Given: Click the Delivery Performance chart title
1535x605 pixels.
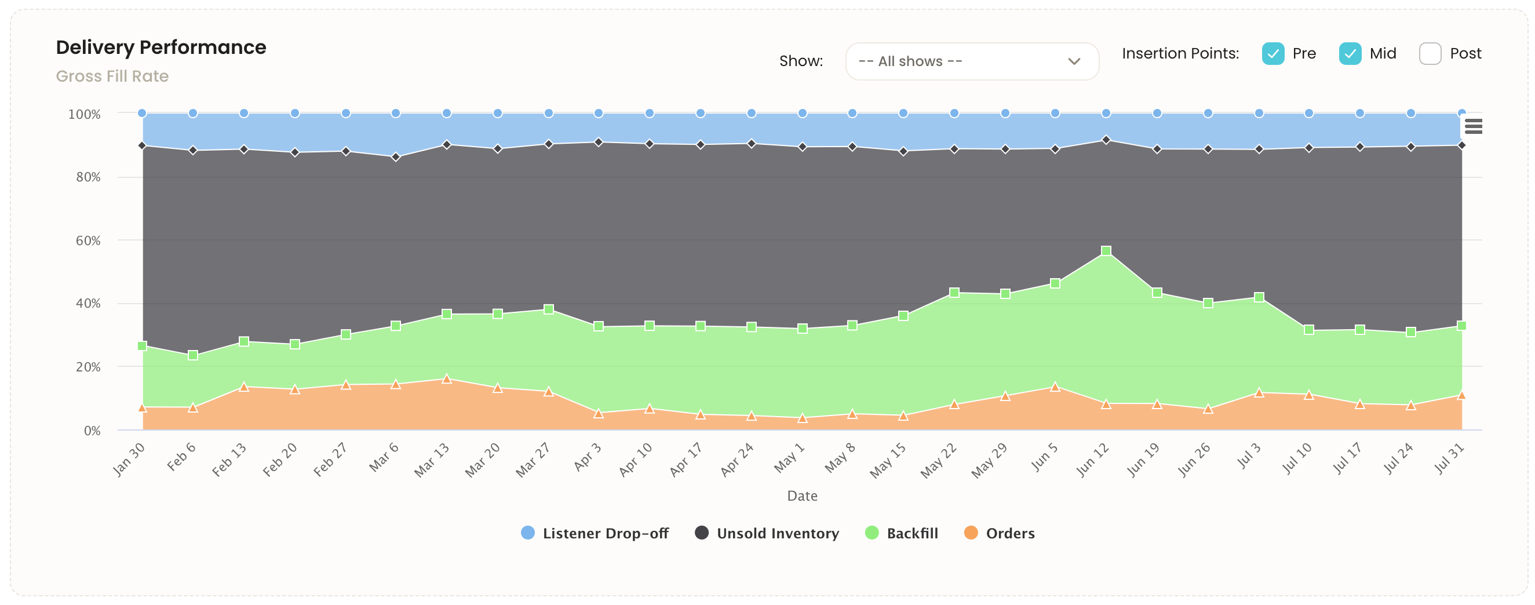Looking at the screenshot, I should click(x=161, y=47).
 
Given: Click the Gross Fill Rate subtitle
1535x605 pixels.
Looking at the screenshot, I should click(x=112, y=76).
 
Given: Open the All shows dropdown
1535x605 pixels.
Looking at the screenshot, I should click(x=971, y=61).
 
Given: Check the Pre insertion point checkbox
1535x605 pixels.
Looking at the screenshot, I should click(x=1273, y=54).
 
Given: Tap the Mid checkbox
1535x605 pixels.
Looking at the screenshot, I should click(x=1350, y=54).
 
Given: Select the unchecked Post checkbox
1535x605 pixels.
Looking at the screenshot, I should click(x=1430, y=54).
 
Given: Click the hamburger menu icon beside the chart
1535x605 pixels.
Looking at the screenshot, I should click(x=1473, y=126).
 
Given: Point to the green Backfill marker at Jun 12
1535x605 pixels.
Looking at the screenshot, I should click(x=1106, y=251).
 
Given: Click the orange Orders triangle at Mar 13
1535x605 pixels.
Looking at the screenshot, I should click(x=447, y=379).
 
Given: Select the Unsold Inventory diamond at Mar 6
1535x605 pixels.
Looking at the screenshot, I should click(x=396, y=158).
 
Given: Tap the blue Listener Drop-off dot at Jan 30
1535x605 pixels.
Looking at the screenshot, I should click(x=143, y=113).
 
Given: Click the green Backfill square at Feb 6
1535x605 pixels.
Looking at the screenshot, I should click(x=193, y=355).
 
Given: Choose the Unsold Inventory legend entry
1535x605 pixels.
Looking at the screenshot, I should click(x=767, y=533).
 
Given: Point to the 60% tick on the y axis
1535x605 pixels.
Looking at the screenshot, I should click(x=87, y=241).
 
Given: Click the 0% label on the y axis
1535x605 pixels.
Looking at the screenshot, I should click(x=92, y=431).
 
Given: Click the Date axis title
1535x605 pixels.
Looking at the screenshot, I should click(x=802, y=496).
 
